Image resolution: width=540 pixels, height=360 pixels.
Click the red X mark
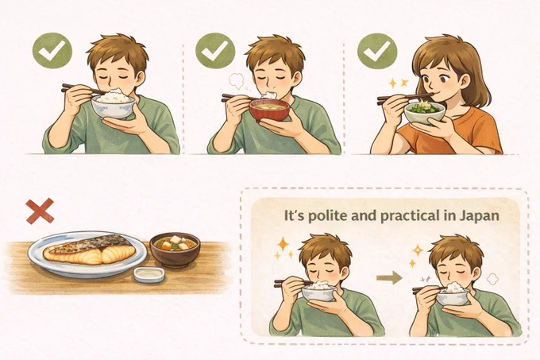(x=40, y=211)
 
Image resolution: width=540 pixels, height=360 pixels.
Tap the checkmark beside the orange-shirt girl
(x=377, y=51)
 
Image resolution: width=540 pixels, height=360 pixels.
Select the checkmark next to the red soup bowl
(x=215, y=51)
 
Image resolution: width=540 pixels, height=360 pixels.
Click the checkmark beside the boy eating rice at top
(x=52, y=51)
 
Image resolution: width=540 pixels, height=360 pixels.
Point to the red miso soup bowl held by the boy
(x=269, y=110)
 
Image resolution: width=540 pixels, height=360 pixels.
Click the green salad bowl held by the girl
(x=425, y=112)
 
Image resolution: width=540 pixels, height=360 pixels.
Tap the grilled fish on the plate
(x=90, y=250)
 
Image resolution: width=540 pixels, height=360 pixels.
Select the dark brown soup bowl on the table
(x=175, y=250)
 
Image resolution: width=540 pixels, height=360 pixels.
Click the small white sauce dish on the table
(x=149, y=275)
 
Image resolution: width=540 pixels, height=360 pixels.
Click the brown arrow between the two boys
(x=389, y=277)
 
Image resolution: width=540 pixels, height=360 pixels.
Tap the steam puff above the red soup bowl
(x=237, y=80)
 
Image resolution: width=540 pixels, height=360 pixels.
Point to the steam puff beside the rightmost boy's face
(x=493, y=278)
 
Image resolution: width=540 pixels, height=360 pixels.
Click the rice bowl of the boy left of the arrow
(x=318, y=293)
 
